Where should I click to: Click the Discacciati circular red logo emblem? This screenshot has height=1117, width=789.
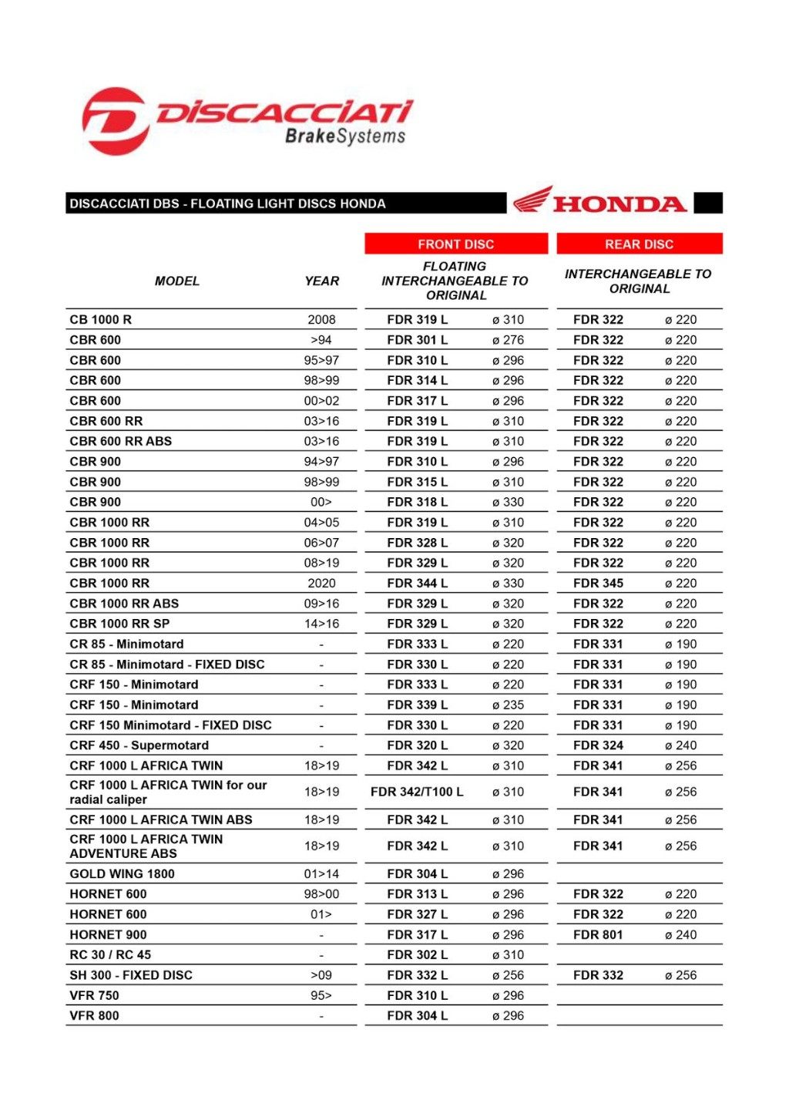click(x=116, y=121)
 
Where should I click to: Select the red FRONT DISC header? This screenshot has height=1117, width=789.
click(x=455, y=244)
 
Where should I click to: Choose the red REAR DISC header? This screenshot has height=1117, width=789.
click(x=639, y=244)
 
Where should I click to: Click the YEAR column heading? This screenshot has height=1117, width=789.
click(x=321, y=281)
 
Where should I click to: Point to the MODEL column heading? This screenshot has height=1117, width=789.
click(x=176, y=281)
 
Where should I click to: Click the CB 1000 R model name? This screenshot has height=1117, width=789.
click(x=101, y=320)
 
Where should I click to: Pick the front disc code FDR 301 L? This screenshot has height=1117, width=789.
click(x=417, y=340)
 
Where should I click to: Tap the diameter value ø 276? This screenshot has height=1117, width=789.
click(x=508, y=340)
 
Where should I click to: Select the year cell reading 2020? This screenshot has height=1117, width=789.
click(x=321, y=584)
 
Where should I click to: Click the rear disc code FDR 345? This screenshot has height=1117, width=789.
click(x=598, y=584)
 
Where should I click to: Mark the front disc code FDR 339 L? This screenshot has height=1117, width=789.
click(x=417, y=705)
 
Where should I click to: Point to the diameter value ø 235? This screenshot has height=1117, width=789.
click(x=508, y=705)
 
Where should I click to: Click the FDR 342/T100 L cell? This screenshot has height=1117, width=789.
click(x=417, y=792)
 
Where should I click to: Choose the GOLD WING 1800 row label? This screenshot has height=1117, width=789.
click(x=122, y=874)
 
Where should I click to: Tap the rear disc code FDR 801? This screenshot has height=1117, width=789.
click(x=598, y=935)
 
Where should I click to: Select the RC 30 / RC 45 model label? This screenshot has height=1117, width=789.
click(x=110, y=955)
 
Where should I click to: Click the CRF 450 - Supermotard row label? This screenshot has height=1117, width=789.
click(x=139, y=745)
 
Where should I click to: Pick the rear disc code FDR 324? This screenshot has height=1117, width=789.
click(x=598, y=745)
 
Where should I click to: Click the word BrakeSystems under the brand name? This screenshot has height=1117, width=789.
click(x=345, y=136)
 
